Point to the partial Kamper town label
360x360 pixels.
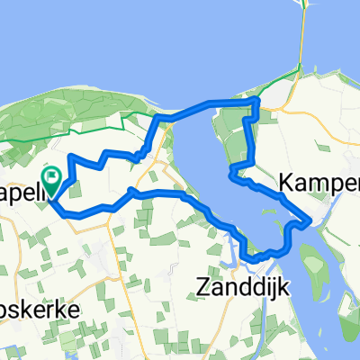pos(319,183)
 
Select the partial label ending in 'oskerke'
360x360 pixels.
pos(40,308)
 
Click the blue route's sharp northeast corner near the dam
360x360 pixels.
pos(258,99)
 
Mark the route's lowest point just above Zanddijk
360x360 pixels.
pos(255,260)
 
